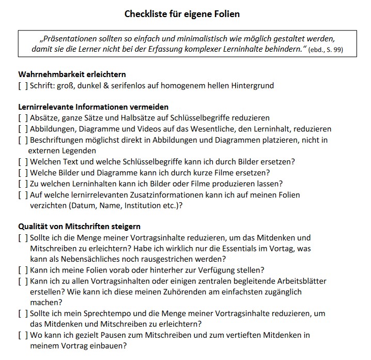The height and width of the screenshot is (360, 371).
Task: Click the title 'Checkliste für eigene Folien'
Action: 182,14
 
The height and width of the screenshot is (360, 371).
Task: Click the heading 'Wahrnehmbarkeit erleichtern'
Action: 72,74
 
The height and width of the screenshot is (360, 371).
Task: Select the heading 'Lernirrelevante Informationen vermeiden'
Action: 93,107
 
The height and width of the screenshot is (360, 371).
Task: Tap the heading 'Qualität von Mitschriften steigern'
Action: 79,227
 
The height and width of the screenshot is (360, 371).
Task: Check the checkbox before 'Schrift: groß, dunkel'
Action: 23,85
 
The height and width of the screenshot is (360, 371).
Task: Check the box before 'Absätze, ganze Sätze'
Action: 23,118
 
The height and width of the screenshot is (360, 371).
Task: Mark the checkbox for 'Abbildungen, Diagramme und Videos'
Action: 23,129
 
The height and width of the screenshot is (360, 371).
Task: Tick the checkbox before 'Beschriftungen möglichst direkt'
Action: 23,140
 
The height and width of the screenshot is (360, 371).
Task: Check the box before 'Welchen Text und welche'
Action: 23,161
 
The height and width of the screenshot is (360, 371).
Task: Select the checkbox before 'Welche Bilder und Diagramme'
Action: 23,172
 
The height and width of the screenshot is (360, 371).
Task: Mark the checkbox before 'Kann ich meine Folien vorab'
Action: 23,270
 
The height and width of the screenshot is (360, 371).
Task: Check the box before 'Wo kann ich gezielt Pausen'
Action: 23,335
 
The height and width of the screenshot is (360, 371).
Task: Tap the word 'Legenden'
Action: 79,151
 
